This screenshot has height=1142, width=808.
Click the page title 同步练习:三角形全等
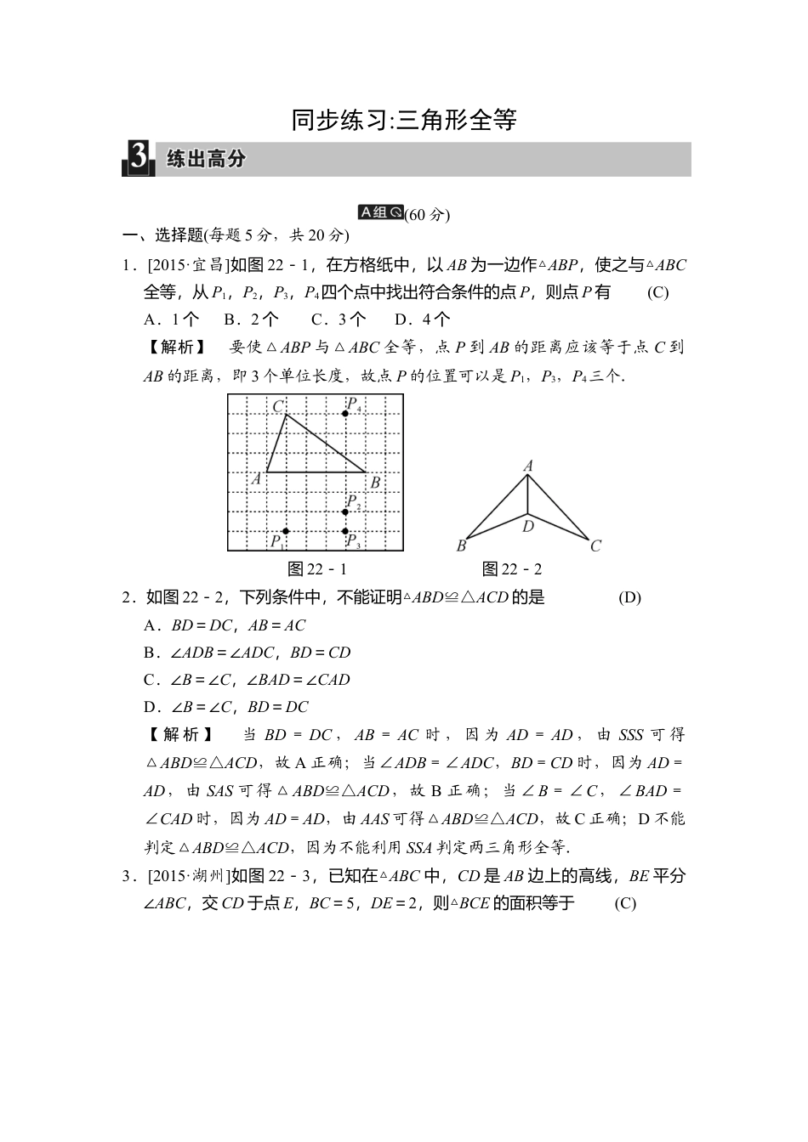click(x=404, y=120)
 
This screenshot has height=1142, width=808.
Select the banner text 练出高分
click(x=206, y=159)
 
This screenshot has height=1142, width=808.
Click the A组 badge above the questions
click(x=380, y=212)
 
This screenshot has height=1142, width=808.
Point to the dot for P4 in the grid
click(x=345, y=414)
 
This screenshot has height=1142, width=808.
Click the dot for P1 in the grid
click(x=286, y=531)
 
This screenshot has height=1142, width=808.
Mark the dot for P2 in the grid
click(x=345, y=512)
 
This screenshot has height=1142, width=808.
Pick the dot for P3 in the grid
click(x=345, y=531)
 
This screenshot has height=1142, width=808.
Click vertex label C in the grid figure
click(x=277, y=407)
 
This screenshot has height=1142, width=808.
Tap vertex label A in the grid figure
click(x=256, y=478)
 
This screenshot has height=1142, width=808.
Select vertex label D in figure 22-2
click(x=528, y=527)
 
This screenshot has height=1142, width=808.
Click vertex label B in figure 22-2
click(x=462, y=546)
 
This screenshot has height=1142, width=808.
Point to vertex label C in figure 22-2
click(x=595, y=546)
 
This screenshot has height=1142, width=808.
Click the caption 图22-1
click(x=317, y=569)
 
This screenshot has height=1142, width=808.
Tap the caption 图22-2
click(x=512, y=569)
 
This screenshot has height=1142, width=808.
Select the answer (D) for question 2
click(x=629, y=597)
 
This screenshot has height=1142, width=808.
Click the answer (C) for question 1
click(x=657, y=292)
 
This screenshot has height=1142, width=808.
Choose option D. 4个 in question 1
click(x=423, y=319)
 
